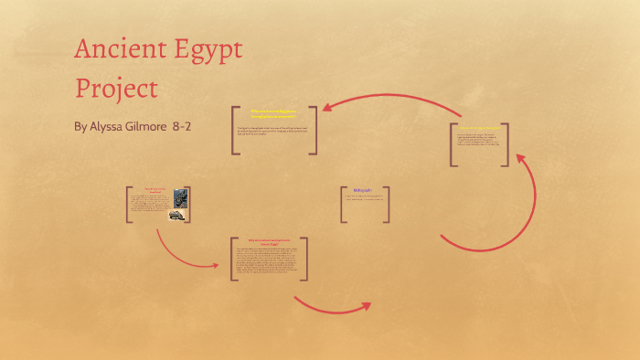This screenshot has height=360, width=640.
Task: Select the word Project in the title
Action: click(x=116, y=90)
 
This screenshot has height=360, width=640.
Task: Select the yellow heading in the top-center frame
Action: click(x=274, y=112)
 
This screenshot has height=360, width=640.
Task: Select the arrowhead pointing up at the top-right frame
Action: click(x=521, y=159)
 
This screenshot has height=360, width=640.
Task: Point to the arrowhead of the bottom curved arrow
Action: click(x=365, y=306)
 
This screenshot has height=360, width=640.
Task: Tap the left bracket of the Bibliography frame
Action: click(x=343, y=204)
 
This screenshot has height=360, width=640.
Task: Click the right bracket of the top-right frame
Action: click(x=505, y=144)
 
